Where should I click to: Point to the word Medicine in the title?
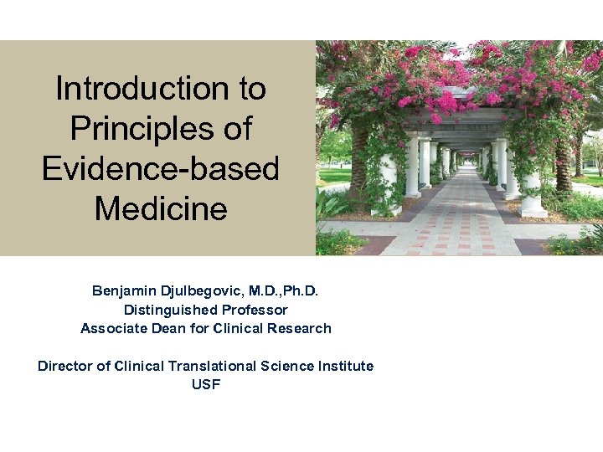click(x=160, y=208)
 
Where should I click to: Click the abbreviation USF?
click(x=205, y=384)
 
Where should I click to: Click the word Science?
click(x=286, y=366)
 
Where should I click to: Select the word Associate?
click(x=111, y=328)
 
